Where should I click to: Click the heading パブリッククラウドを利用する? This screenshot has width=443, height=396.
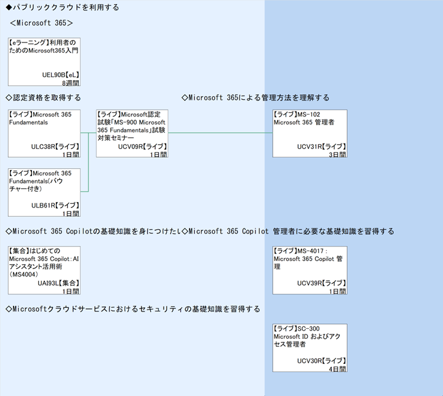click(62, 8)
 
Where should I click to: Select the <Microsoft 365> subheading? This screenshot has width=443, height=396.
click(42, 23)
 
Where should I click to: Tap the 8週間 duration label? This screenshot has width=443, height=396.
click(70, 83)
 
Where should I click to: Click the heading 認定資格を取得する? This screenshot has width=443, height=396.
click(43, 98)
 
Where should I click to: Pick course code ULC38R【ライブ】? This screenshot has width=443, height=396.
click(55, 147)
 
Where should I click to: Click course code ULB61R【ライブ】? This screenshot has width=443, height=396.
click(55, 205)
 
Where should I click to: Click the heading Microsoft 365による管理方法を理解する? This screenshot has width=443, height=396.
click(256, 98)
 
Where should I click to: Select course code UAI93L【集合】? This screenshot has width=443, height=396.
click(58, 283)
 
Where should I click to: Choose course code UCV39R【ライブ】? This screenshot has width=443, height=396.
click(321, 283)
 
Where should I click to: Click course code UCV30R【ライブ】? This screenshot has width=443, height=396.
click(321, 361)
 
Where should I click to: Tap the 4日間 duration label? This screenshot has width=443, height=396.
click(337, 369)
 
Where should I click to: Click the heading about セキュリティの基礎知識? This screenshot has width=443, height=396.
click(132, 309)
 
